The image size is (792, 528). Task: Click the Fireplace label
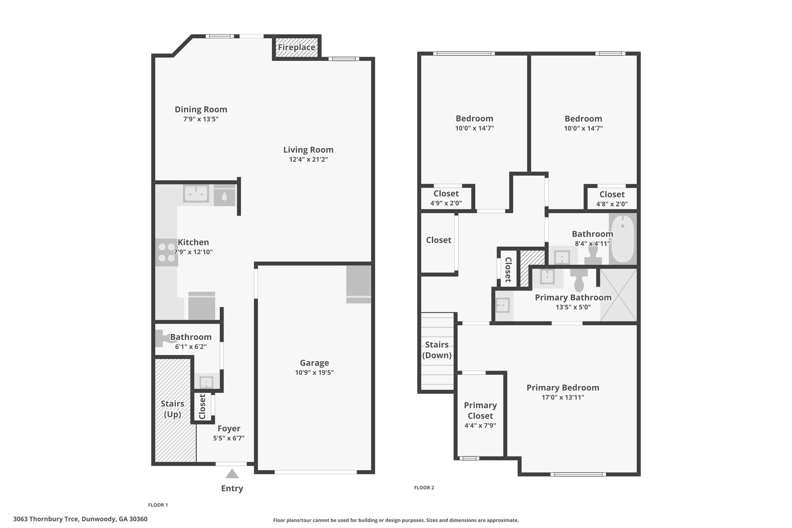pyautogui.click(x=297, y=48)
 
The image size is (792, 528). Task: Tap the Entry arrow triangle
pyautogui.click(x=232, y=473)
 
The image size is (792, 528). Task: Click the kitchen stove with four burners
pyautogui.click(x=167, y=253)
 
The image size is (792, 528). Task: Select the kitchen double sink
pyautogui.click(x=196, y=193)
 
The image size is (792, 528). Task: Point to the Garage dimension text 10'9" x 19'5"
pyautogui.click(x=314, y=373)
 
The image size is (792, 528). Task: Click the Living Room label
pyautogui.click(x=308, y=150)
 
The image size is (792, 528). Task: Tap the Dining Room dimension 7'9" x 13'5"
pyautogui.click(x=201, y=119)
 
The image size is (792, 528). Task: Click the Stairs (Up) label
pyautogui.click(x=172, y=409)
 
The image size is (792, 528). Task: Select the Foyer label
pyautogui.click(x=229, y=429)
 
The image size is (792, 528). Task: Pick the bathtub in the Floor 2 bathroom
pyautogui.click(x=623, y=238)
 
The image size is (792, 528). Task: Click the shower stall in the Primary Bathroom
pyautogui.click(x=618, y=295)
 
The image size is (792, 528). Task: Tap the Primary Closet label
pyautogui.click(x=480, y=410)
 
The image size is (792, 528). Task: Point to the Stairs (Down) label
pyautogui.click(x=437, y=350)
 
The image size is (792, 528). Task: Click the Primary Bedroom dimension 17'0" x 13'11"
pyautogui.click(x=563, y=398)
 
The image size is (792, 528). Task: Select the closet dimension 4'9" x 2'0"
pyautogui.click(x=446, y=203)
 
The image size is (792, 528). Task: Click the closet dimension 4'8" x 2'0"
pyautogui.click(x=612, y=204)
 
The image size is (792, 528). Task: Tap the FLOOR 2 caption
pyautogui.click(x=424, y=488)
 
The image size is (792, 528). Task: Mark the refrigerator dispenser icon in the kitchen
pyautogui.click(x=224, y=197)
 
